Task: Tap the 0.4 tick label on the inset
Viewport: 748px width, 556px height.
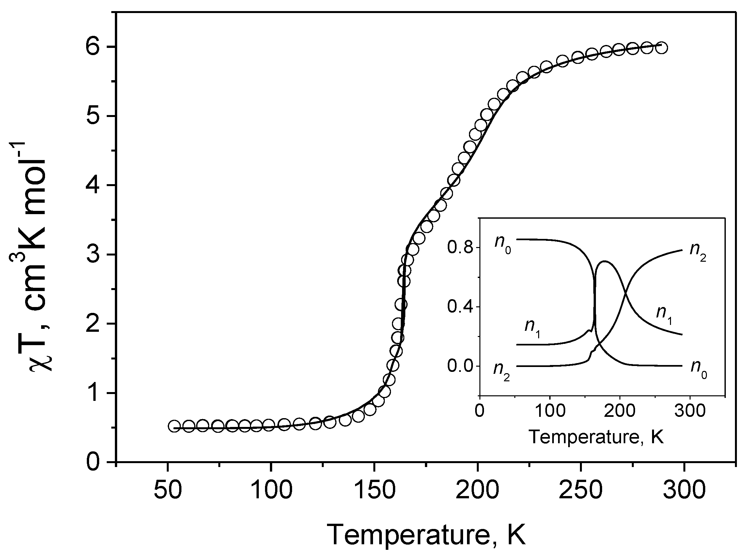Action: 460,307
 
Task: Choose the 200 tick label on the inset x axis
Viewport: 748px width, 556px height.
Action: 619,411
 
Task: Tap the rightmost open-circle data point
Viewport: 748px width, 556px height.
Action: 662,48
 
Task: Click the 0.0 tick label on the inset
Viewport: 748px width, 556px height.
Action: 460,366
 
